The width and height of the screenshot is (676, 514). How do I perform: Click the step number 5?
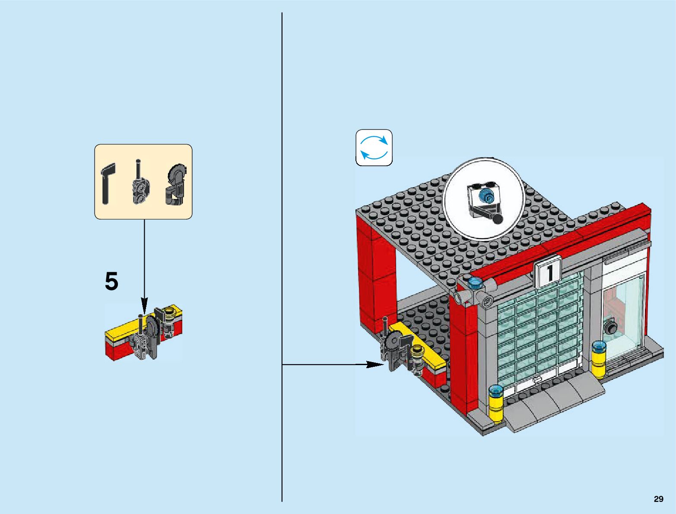[111, 282]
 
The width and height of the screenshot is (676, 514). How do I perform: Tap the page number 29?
[658, 499]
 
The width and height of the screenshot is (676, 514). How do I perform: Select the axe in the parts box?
[108, 183]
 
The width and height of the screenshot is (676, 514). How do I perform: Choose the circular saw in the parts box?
[175, 184]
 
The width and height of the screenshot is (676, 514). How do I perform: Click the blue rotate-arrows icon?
[374, 148]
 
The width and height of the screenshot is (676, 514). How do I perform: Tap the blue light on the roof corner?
[475, 283]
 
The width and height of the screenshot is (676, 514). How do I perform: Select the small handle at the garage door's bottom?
[537, 380]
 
